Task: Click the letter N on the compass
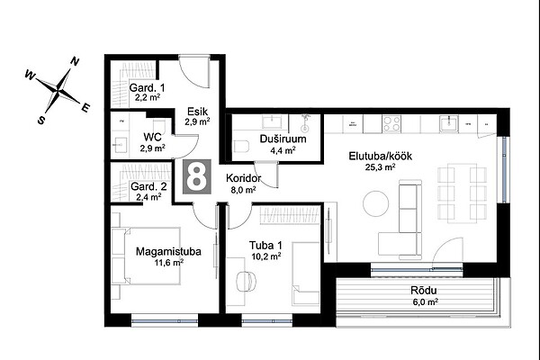(x=75, y=62)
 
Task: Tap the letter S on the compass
(x=41, y=120)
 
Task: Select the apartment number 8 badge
(x=196, y=176)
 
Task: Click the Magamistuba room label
(x=168, y=251)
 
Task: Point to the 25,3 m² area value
(x=380, y=167)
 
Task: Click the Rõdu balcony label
(x=424, y=291)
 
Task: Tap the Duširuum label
(x=283, y=139)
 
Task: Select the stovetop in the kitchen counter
(x=391, y=124)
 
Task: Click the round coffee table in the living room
(x=375, y=203)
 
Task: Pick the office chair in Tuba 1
(x=247, y=281)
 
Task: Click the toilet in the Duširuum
(x=241, y=146)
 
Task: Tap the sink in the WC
(x=119, y=145)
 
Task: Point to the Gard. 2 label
(x=148, y=186)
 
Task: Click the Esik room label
(x=198, y=112)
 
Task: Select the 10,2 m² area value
(x=266, y=256)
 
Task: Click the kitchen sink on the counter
(x=449, y=124)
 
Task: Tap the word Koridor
(x=244, y=178)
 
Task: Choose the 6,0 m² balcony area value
(x=426, y=302)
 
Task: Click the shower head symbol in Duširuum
(x=305, y=123)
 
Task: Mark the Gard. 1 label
(x=147, y=87)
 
